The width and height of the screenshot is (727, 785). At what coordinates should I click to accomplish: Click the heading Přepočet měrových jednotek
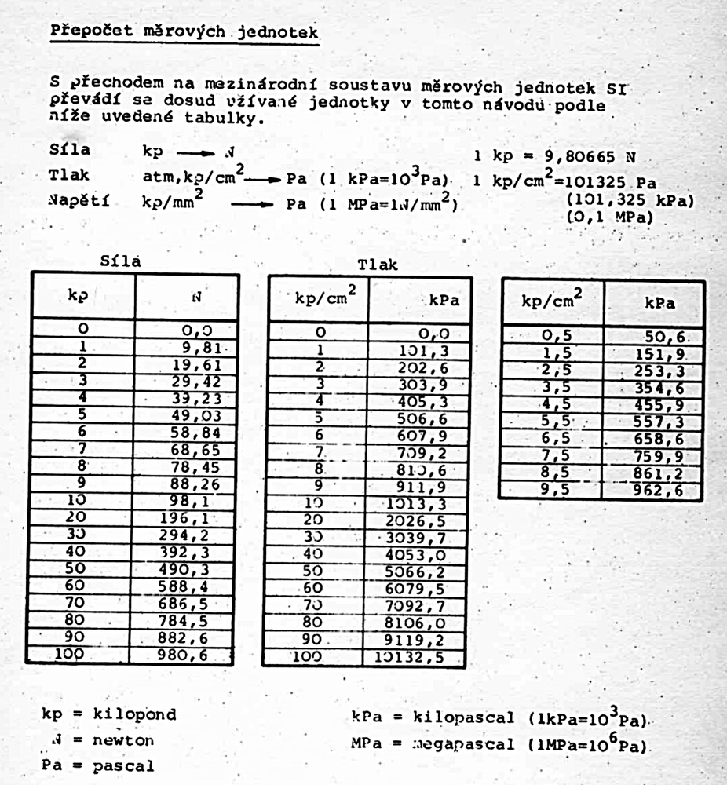pos(184,32)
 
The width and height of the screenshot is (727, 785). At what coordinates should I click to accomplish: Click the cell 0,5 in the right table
pos(554,336)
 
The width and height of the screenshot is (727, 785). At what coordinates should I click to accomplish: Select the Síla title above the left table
pos(122,262)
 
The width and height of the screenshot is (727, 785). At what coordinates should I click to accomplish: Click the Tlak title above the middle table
pos(378,265)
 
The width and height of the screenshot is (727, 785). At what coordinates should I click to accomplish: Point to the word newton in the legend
pos(123,740)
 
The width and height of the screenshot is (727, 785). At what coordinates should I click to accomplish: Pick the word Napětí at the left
pos(79,202)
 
